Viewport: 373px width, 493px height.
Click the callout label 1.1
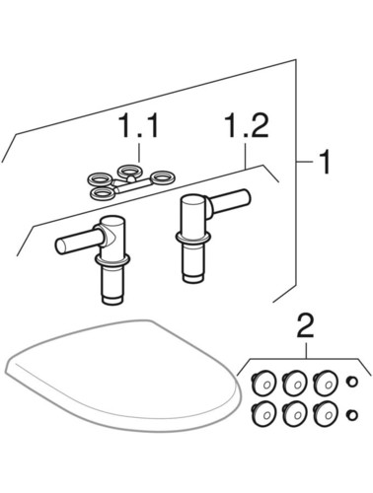pyautogui.click(x=139, y=125)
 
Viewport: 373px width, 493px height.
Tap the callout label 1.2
pyautogui.click(x=246, y=125)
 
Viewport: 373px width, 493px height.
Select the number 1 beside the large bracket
pyautogui.click(x=325, y=162)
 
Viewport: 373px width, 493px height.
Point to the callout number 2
pyautogui.click(x=306, y=325)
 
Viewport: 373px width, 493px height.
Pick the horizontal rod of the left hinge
pyautogui.click(x=78, y=241)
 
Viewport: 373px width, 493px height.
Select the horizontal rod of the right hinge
pyautogui.click(x=229, y=200)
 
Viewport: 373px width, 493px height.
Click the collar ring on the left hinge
pyautogui.click(x=112, y=258)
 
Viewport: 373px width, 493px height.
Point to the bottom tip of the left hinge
pyautogui.click(x=112, y=303)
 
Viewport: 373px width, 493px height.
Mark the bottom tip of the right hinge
pyautogui.click(x=192, y=280)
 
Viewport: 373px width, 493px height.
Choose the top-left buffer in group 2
pyautogui.click(x=263, y=383)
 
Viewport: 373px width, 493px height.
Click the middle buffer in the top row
pyautogui.click(x=295, y=383)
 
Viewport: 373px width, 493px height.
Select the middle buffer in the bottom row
pyautogui.click(x=295, y=414)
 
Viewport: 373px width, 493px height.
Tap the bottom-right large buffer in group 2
pyautogui.click(x=326, y=414)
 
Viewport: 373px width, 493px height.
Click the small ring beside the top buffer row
pyautogui.click(x=352, y=383)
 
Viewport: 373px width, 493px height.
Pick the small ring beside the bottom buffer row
pyautogui.click(x=352, y=415)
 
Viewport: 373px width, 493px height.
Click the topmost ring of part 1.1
pyautogui.click(x=130, y=171)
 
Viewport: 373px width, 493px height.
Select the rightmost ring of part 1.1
pyautogui.click(x=163, y=177)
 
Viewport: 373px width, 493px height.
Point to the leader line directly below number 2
pyautogui.click(x=306, y=350)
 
